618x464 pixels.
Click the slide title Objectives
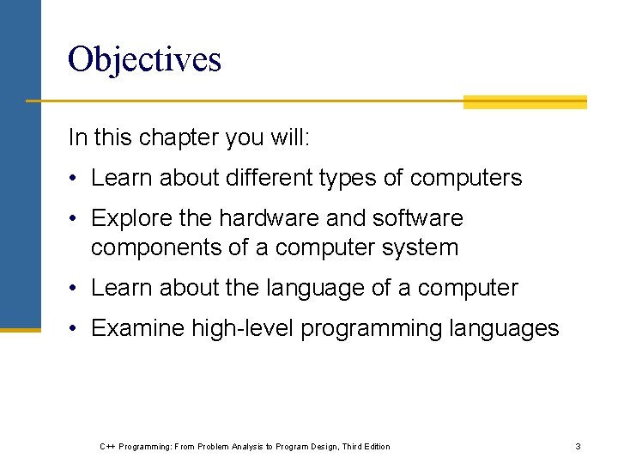tap(144, 59)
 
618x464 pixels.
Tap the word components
tap(156, 247)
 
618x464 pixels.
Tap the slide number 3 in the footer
tap(578, 446)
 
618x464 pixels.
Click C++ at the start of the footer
tap(107, 446)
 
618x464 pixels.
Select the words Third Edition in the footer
tap(366, 446)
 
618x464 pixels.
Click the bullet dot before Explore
tap(75, 219)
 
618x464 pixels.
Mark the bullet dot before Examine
tap(75, 329)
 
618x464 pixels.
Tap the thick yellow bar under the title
tap(524, 102)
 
